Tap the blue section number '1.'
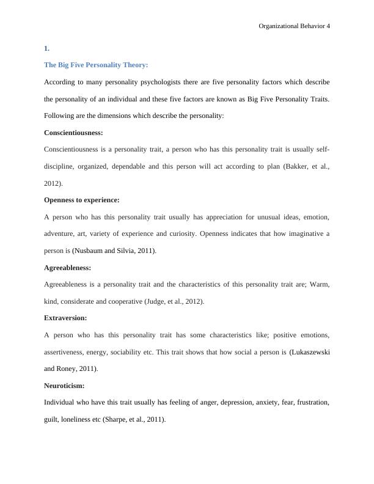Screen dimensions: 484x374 [x=47, y=48]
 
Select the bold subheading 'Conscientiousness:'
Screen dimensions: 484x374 [x=73, y=132]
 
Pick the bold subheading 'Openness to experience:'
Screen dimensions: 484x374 [x=82, y=200]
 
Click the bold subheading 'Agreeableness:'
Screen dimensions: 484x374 [x=67, y=268]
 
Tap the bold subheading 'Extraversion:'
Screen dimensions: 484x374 [x=65, y=318]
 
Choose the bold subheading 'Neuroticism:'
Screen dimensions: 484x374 [x=64, y=386]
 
